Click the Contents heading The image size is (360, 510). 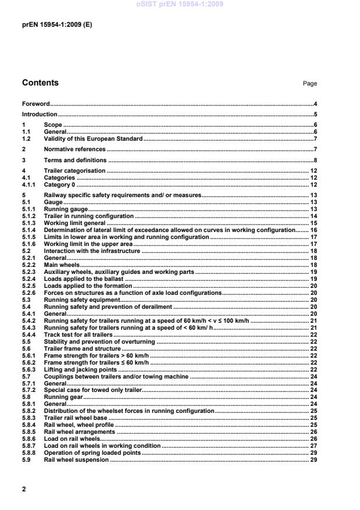pyautogui.click(x=40, y=83)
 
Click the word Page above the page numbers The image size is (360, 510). pyautogui.click(x=309, y=84)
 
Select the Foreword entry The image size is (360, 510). pyautogui.click(x=35, y=104)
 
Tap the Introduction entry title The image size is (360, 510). pyautogui.click(x=40, y=115)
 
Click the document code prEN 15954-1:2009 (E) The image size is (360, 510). pyautogui.click(x=56, y=26)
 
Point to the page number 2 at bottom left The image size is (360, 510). pyautogui.click(x=24, y=490)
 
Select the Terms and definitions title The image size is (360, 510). pyautogui.click(x=75, y=160)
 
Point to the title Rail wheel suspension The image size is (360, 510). pyautogui.click(x=76, y=460)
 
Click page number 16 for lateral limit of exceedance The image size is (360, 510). pyautogui.click(x=313, y=230)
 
